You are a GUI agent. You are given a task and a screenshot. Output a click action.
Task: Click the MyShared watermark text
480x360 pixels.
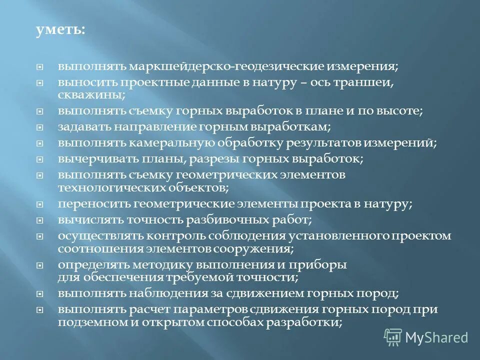click(436, 337)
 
